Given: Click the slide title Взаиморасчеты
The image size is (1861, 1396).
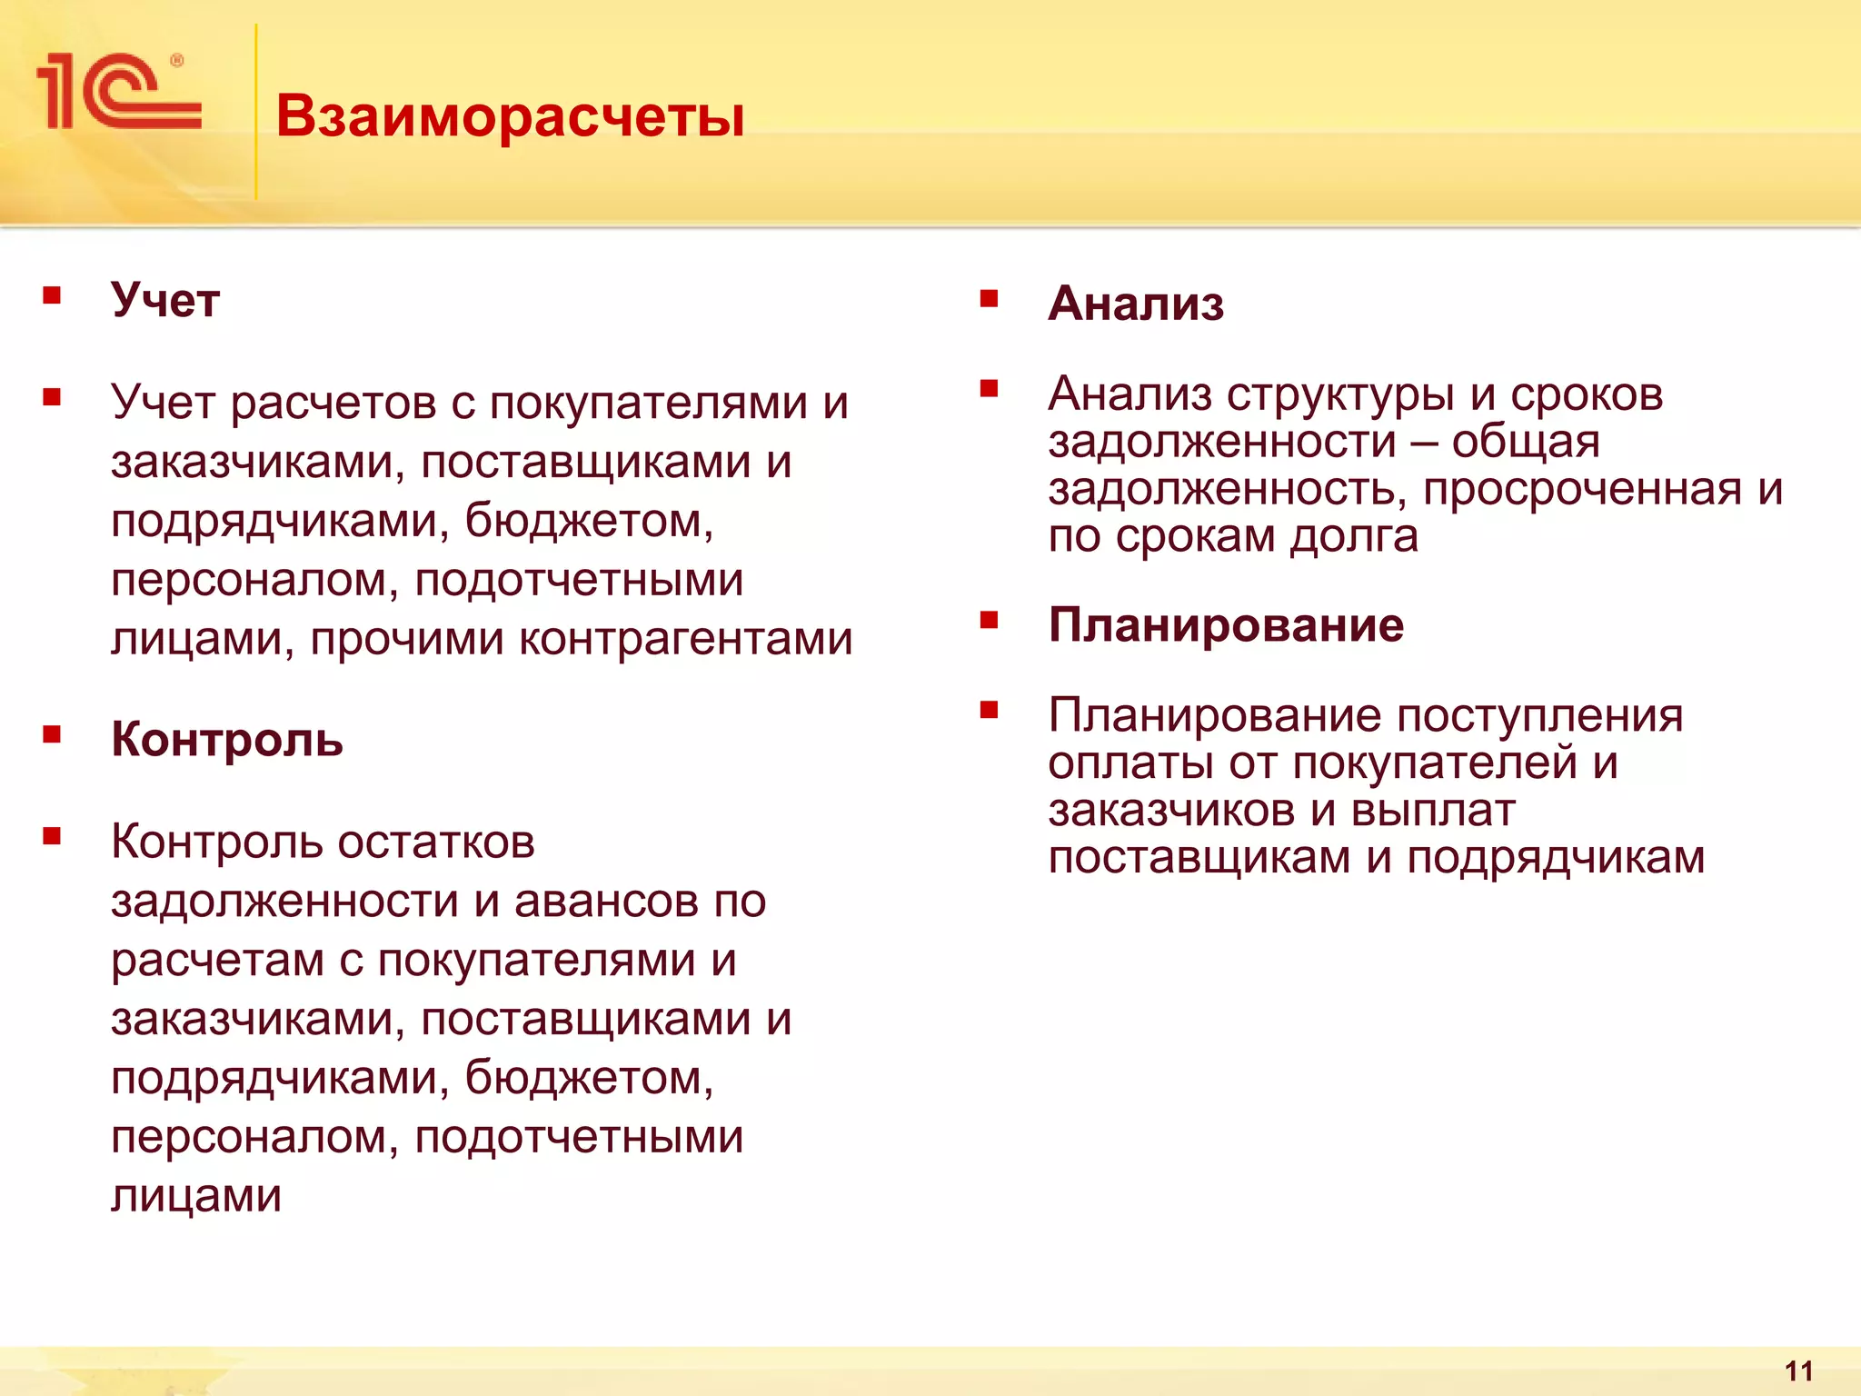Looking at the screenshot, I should click(x=510, y=116).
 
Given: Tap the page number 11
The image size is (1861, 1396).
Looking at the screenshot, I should click(x=1798, y=1371).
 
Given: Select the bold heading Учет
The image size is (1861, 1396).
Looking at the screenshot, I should click(x=164, y=300).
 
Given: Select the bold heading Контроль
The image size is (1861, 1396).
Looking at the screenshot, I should click(x=226, y=739).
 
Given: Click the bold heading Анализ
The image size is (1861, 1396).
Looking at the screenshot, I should click(x=1135, y=304).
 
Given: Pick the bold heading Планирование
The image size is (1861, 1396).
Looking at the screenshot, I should click(x=1225, y=625).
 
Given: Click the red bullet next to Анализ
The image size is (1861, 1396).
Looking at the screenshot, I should click(x=990, y=298).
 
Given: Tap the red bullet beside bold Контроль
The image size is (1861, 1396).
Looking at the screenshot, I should click(x=52, y=733).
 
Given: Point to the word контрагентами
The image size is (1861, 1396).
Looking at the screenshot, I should click(x=685, y=639).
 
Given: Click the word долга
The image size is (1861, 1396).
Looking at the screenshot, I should click(x=1353, y=537).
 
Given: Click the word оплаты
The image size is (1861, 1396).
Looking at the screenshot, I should click(x=1130, y=763).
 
